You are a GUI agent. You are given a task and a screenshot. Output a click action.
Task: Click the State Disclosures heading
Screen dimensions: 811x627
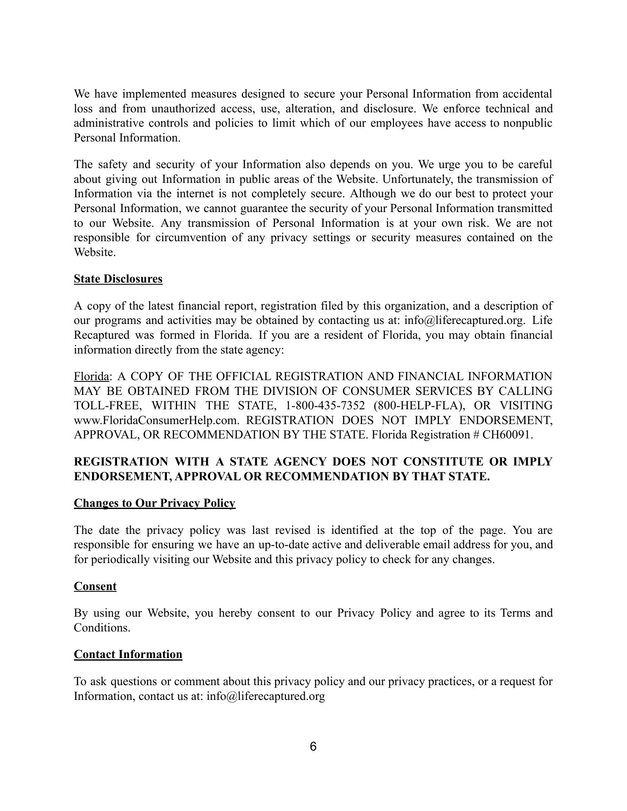tap(118, 279)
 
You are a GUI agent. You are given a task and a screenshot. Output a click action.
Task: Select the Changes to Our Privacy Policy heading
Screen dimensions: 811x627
tap(154, 503)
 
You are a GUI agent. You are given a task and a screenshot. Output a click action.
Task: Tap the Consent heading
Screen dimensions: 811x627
tap(95, 586)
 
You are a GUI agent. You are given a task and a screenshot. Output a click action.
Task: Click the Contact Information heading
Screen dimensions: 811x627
tap(128, 654)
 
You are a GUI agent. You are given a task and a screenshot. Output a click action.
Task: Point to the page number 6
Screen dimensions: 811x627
tap(313, 747)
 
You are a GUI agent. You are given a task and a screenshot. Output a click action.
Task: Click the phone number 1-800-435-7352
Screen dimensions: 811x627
tap(325, 405)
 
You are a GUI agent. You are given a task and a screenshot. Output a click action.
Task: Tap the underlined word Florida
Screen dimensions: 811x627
tap(91, 376)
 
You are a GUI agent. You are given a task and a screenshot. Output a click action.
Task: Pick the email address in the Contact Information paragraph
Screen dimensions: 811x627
tap(265, 696)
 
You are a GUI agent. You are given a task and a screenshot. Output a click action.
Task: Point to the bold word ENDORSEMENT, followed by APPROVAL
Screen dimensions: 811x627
tap(123, 476)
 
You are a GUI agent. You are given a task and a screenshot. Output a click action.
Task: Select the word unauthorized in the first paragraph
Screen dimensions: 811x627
tap(183, 109)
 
